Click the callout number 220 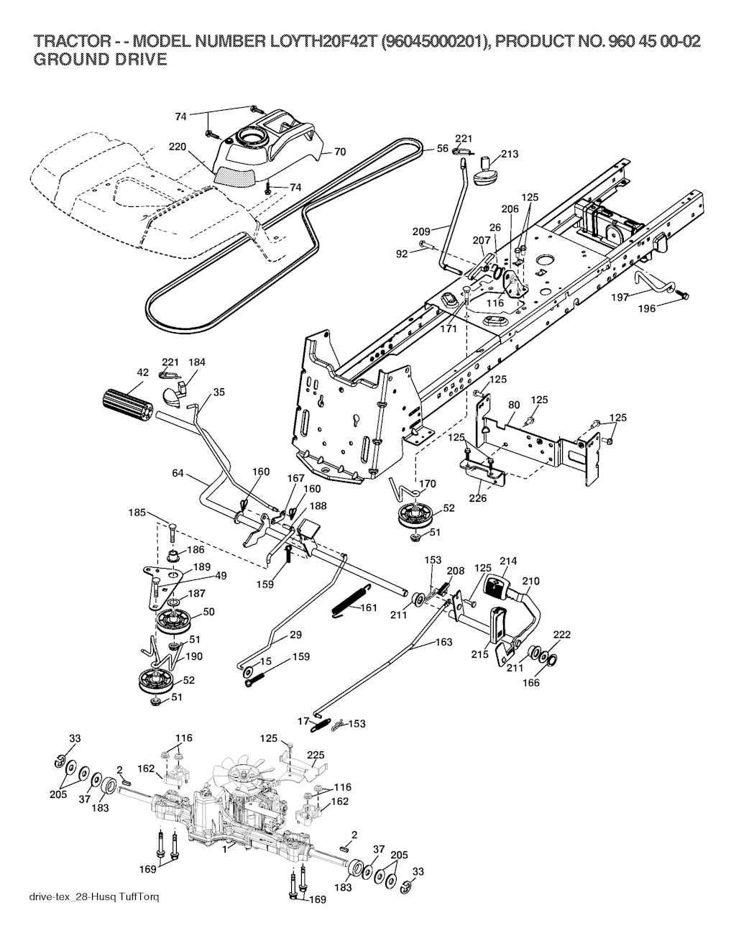(x=178, y=147)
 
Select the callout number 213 (x=510, y=154)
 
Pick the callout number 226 (x=478, y=497)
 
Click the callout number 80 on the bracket (x=513, y=405)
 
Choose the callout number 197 (x=620, y=296)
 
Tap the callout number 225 (x=316, y=755)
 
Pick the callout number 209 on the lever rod (x=421, y=231)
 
